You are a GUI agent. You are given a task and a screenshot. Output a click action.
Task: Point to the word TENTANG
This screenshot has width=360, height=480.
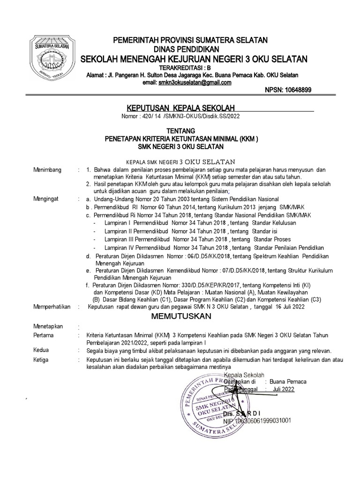click(180, 131)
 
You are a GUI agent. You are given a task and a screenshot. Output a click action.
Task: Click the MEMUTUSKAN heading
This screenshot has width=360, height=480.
click(181, 316)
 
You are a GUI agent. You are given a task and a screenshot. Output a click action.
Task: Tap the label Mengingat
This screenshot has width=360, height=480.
click(46, 199)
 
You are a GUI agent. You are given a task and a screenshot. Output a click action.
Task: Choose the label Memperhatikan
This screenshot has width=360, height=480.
click(51, 307)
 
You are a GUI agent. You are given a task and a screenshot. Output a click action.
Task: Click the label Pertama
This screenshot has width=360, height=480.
click(43, 336)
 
